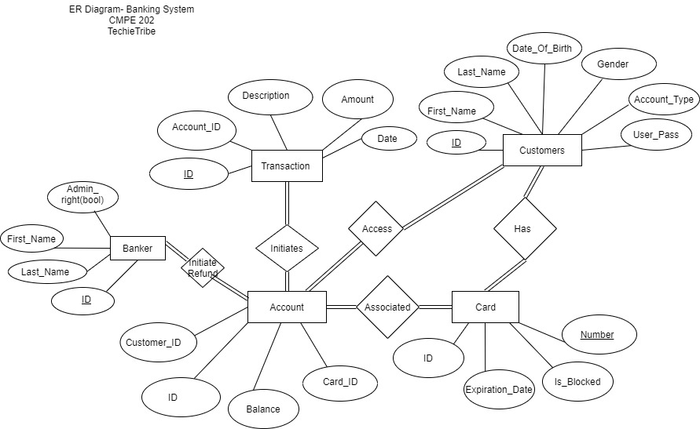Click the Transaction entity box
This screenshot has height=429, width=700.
point(286,165)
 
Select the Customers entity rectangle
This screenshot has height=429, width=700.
point(542,150)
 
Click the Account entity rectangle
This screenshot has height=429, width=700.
point(287,307)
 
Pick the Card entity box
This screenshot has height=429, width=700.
point(486,307)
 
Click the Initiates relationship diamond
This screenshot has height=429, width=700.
point(287,248)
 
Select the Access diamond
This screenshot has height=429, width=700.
point(376,228)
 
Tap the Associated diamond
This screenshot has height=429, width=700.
point(387,307)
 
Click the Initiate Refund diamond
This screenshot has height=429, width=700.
point(203,267)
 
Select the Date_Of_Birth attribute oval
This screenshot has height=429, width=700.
point(544,49)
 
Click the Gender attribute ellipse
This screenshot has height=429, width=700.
point(613,64)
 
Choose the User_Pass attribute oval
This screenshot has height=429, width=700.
point(656,135)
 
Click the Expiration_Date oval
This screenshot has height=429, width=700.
point(499,390)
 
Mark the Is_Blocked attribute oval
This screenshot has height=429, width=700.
point(577,382)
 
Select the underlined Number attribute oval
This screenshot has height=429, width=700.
point(597,335)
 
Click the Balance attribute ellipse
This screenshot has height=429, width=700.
point(263,409)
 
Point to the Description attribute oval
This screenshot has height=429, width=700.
point(266,96)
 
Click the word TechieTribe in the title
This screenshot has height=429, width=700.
point(131,31)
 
